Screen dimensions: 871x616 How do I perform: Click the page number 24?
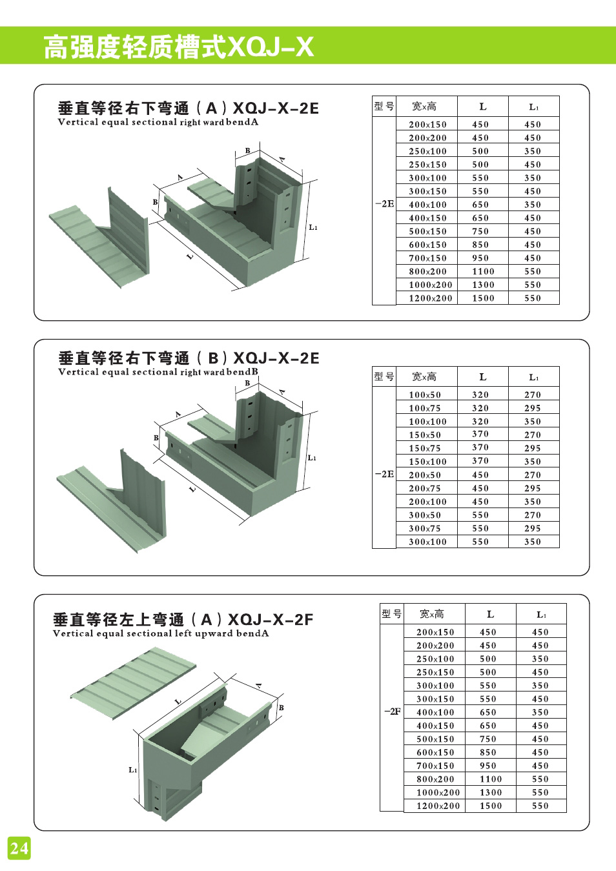point(19,847)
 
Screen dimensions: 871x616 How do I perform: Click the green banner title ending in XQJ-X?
point(178,46)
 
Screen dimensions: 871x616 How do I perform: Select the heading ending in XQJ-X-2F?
point(183,620)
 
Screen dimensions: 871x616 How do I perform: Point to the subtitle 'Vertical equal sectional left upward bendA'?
point(161,633)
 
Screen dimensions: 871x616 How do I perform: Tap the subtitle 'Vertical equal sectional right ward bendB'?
point(158,372)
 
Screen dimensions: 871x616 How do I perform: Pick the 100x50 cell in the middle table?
point(425,395)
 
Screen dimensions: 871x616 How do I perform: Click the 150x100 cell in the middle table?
point(427,462)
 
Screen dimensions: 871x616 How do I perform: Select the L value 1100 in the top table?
point(483,272)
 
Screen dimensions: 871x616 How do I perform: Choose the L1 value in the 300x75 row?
point(533,528)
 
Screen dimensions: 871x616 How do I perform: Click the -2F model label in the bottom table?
point(392,712)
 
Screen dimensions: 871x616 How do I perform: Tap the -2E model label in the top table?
point(384,204)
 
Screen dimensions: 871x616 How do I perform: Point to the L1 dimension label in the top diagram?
point(313,227)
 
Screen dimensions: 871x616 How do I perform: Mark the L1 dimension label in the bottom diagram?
point(132,770)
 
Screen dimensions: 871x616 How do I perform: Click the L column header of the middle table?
point(483,377)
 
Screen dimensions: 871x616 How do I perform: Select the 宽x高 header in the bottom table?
point(432,614)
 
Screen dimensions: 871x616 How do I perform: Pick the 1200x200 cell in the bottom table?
point(438,806)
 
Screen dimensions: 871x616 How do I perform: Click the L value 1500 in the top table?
point(483,298)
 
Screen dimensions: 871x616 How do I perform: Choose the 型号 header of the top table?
point(384,107)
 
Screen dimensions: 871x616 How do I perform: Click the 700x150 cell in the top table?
point(427,258)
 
